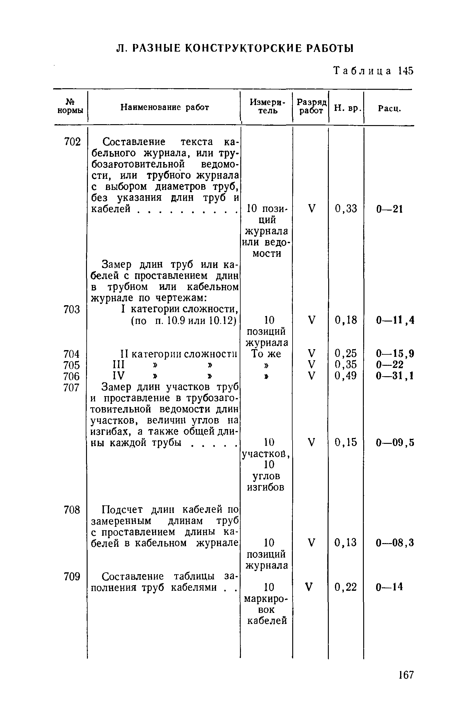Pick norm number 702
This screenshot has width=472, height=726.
pos(72,142)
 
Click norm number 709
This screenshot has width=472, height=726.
pos(72,577)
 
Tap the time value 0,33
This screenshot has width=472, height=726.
pos(346,209)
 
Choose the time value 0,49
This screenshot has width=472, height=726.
pos(346,376)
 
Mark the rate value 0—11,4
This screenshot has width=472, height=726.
pos(395,321)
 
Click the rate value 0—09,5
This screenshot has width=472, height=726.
pos(395,443)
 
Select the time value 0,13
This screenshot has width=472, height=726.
pos(346,543)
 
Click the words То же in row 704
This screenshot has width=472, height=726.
pos(266,354)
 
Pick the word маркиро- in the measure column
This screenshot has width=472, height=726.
pos(266,598)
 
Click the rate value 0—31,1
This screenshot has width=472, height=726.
pos(395,376)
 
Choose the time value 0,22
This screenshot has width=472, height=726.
pos(346,587)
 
